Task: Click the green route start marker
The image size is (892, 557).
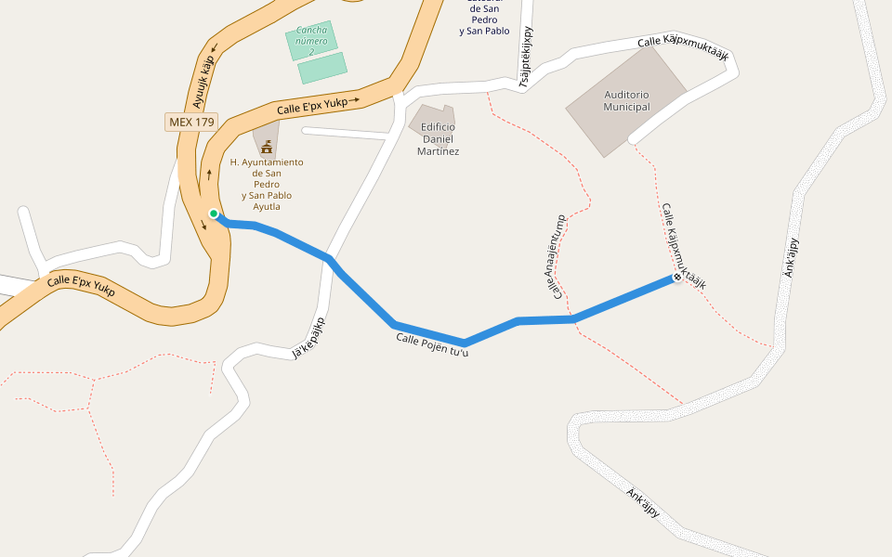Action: point(214,214)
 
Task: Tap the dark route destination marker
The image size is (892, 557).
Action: point(677,278)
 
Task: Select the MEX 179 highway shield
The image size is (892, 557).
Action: point(191,122)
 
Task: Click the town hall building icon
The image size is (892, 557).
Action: point(267,147)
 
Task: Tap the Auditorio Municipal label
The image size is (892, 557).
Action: point(626,100)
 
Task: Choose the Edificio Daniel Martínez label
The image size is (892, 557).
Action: point(438,139)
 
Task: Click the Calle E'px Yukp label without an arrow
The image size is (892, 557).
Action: point(81,285)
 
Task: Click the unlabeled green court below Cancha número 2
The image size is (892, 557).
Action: point(322,68)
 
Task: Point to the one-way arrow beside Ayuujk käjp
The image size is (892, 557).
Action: point(214,47)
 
